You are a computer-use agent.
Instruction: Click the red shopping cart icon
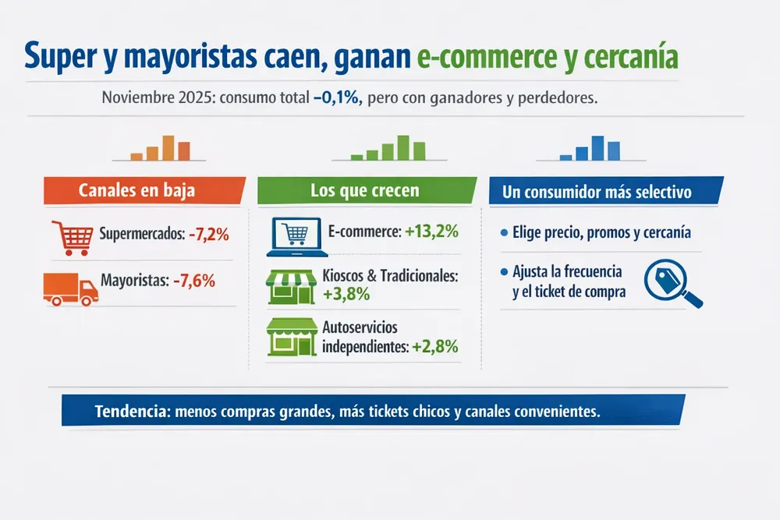pos(69,237)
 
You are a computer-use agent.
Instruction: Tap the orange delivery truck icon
pos(70,288)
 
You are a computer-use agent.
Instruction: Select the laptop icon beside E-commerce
pos(294,236)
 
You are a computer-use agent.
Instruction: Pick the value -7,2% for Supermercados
pos(208,234)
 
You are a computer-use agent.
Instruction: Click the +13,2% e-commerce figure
pos(431,232)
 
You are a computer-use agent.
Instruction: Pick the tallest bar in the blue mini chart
pos(597,147)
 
